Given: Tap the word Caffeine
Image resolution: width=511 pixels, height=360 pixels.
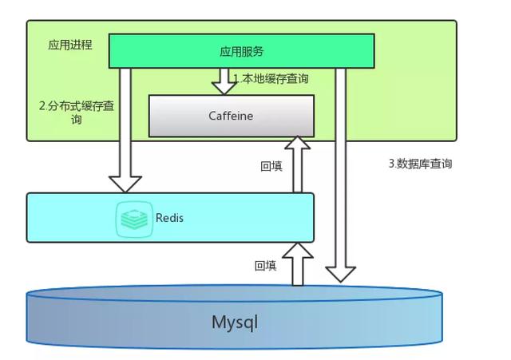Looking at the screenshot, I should coord(231,116).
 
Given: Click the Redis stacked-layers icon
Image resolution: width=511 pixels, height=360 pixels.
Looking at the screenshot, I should coord(134,217).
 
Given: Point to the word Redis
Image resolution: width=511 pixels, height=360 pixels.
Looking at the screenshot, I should coord(169,217).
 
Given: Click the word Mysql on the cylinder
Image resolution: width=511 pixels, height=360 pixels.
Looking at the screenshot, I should coord(235,322).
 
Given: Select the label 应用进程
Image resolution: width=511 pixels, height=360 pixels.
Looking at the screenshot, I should coord(70,45).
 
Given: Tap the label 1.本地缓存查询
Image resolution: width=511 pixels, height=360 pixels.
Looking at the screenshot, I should coord(271,79).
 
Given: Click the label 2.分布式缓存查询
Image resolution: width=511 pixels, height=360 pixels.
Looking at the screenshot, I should coord(76,113).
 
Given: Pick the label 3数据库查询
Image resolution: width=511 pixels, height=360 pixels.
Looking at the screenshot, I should coord(420,164).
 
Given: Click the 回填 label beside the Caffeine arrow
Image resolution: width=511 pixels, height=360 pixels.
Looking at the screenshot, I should coord(271,167).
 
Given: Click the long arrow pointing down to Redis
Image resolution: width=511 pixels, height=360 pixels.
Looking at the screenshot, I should coord(125,128).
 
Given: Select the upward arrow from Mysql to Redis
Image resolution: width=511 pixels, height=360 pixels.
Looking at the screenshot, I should coord(298,264).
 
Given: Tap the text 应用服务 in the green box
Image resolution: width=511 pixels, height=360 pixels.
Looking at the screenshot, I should coord(241,51).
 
